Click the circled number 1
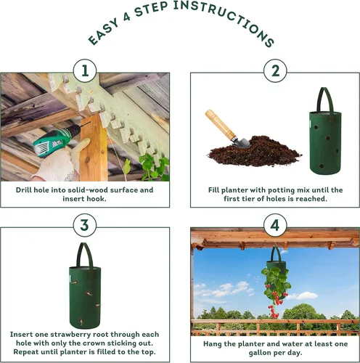click(x=85, y=71)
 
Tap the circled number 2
click(x=275, y=71)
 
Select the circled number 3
click(x=85, y=225)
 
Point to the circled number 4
click(x=275, y=225)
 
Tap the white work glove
click(x=60, y=161)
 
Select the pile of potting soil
click(x=254, y=152)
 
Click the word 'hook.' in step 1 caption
click(x=96, y=199)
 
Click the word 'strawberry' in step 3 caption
click(x=65, y=335)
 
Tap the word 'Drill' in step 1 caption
click(x=24, y=190)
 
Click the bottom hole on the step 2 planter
click(x=322, y=166)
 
